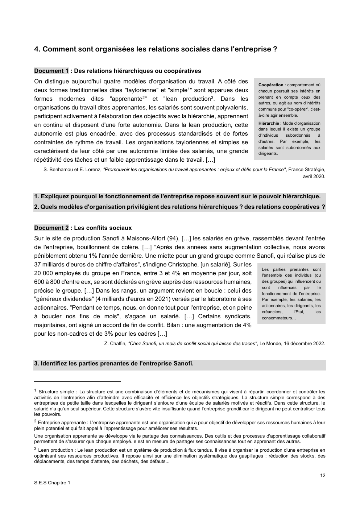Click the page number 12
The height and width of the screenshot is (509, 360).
(x=323, y=475)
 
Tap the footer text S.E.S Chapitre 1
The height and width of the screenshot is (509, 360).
(x=52, y=483)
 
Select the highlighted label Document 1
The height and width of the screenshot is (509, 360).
(x=51, y=71)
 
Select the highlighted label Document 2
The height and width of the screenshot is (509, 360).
(x=51, y=228)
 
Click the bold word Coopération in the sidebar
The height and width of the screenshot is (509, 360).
(x=271, y=85)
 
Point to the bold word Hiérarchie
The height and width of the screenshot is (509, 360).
(x=269, y=123)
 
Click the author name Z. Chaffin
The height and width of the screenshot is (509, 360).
(x=115, y=343)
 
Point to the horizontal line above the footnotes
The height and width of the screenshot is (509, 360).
(x=77, y=381)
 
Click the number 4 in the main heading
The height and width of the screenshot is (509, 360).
(x=36, y=49)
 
